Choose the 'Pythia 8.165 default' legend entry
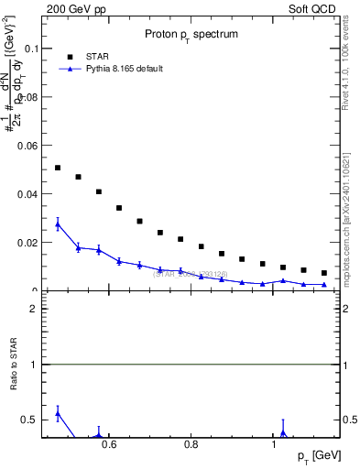click(x=118, y=69)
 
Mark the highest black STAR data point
click(x=58, y=168)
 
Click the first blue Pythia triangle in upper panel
click(x=58, y=224)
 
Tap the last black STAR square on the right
click(x=323, y=273)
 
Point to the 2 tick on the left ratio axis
click(x=33, y=309)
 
